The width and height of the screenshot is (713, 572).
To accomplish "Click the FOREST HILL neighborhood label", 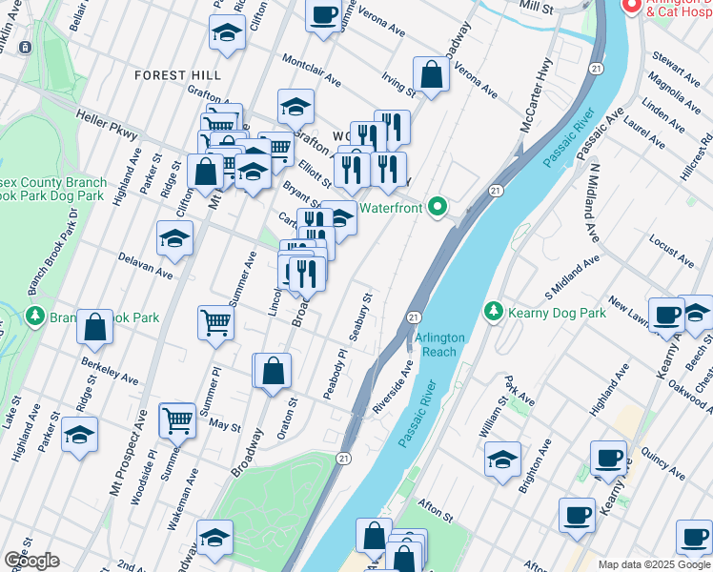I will (177, 74).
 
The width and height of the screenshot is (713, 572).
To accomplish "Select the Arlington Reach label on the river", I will (439, 345).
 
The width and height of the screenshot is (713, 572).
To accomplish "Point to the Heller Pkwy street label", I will (106, 122).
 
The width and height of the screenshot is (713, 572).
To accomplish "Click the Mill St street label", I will (536, 8).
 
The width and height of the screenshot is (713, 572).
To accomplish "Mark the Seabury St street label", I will (359, 317).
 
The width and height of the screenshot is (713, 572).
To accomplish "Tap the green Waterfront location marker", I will (438, 205).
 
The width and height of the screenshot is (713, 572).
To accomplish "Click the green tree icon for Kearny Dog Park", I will (493, 312).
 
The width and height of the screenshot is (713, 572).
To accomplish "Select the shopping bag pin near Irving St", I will (431, 74).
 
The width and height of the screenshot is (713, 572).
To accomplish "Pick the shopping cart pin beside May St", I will (177, 419).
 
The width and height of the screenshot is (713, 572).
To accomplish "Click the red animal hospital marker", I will (631, 7).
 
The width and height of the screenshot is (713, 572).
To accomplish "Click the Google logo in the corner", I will (31, 561).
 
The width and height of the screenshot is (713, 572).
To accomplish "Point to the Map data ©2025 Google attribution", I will (654, 564).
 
